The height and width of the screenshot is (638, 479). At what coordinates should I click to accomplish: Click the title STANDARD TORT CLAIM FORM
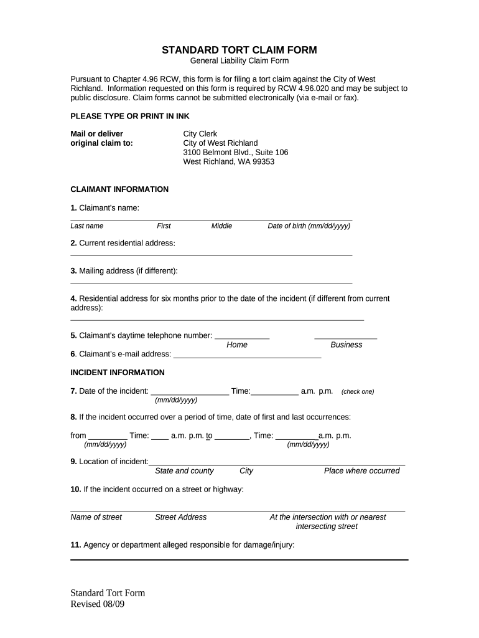[x=239, y=50]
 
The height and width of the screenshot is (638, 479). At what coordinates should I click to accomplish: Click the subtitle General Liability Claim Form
[x=239, y=61]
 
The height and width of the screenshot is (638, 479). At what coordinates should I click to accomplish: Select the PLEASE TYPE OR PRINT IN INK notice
[x=130, y=117]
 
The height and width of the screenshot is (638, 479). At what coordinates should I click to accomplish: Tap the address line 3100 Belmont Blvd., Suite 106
[x=235, y=152]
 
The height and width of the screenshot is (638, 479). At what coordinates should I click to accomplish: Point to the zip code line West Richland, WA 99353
[x=228, y=161]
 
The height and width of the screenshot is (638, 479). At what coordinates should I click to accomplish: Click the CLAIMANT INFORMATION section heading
[x=119, y=189]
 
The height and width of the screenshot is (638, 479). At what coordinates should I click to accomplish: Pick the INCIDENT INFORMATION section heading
[x=118, y=373]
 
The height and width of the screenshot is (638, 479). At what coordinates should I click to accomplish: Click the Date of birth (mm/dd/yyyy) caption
[x=309, y=226]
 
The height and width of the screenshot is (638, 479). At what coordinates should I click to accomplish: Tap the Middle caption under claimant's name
[x=221, y=226]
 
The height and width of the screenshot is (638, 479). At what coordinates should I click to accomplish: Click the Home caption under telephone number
[x=237, y=345]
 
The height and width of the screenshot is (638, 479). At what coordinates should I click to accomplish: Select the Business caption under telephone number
[x=346, y=345]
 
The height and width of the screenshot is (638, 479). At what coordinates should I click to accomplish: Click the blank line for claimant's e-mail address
[x=247, y=355]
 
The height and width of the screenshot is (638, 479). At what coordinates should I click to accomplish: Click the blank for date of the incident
[x=190, y=393]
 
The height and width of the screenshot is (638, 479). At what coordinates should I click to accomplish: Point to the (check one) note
[x=358, y=392]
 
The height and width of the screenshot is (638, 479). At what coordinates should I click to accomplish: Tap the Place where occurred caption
[x=361, y=471]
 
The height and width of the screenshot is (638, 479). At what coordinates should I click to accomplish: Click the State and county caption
[x=184, y=471]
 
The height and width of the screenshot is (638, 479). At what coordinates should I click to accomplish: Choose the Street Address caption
[x=180, y=517]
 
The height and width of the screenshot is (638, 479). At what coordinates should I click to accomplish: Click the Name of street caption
[x=96, y=517]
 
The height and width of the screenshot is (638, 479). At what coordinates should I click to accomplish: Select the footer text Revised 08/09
[x=98, y=604]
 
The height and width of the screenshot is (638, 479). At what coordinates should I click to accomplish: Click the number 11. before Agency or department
[x=75, y=545]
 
